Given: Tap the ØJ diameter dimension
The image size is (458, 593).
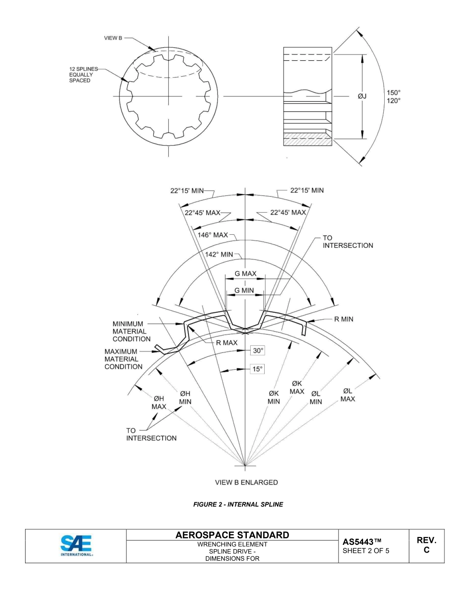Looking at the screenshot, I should (362, 96).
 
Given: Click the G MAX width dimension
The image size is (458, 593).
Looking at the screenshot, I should (245, 274).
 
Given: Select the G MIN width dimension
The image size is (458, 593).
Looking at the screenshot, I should (244, 290).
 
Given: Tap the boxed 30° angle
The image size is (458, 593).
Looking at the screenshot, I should (257, 350).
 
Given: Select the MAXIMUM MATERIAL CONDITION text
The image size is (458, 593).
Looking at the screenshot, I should (123, 359).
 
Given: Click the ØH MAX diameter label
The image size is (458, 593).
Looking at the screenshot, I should (160, 403).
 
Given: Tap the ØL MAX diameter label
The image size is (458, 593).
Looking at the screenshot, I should (348, 395).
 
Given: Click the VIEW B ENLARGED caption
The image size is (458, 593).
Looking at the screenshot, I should (246, 482).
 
